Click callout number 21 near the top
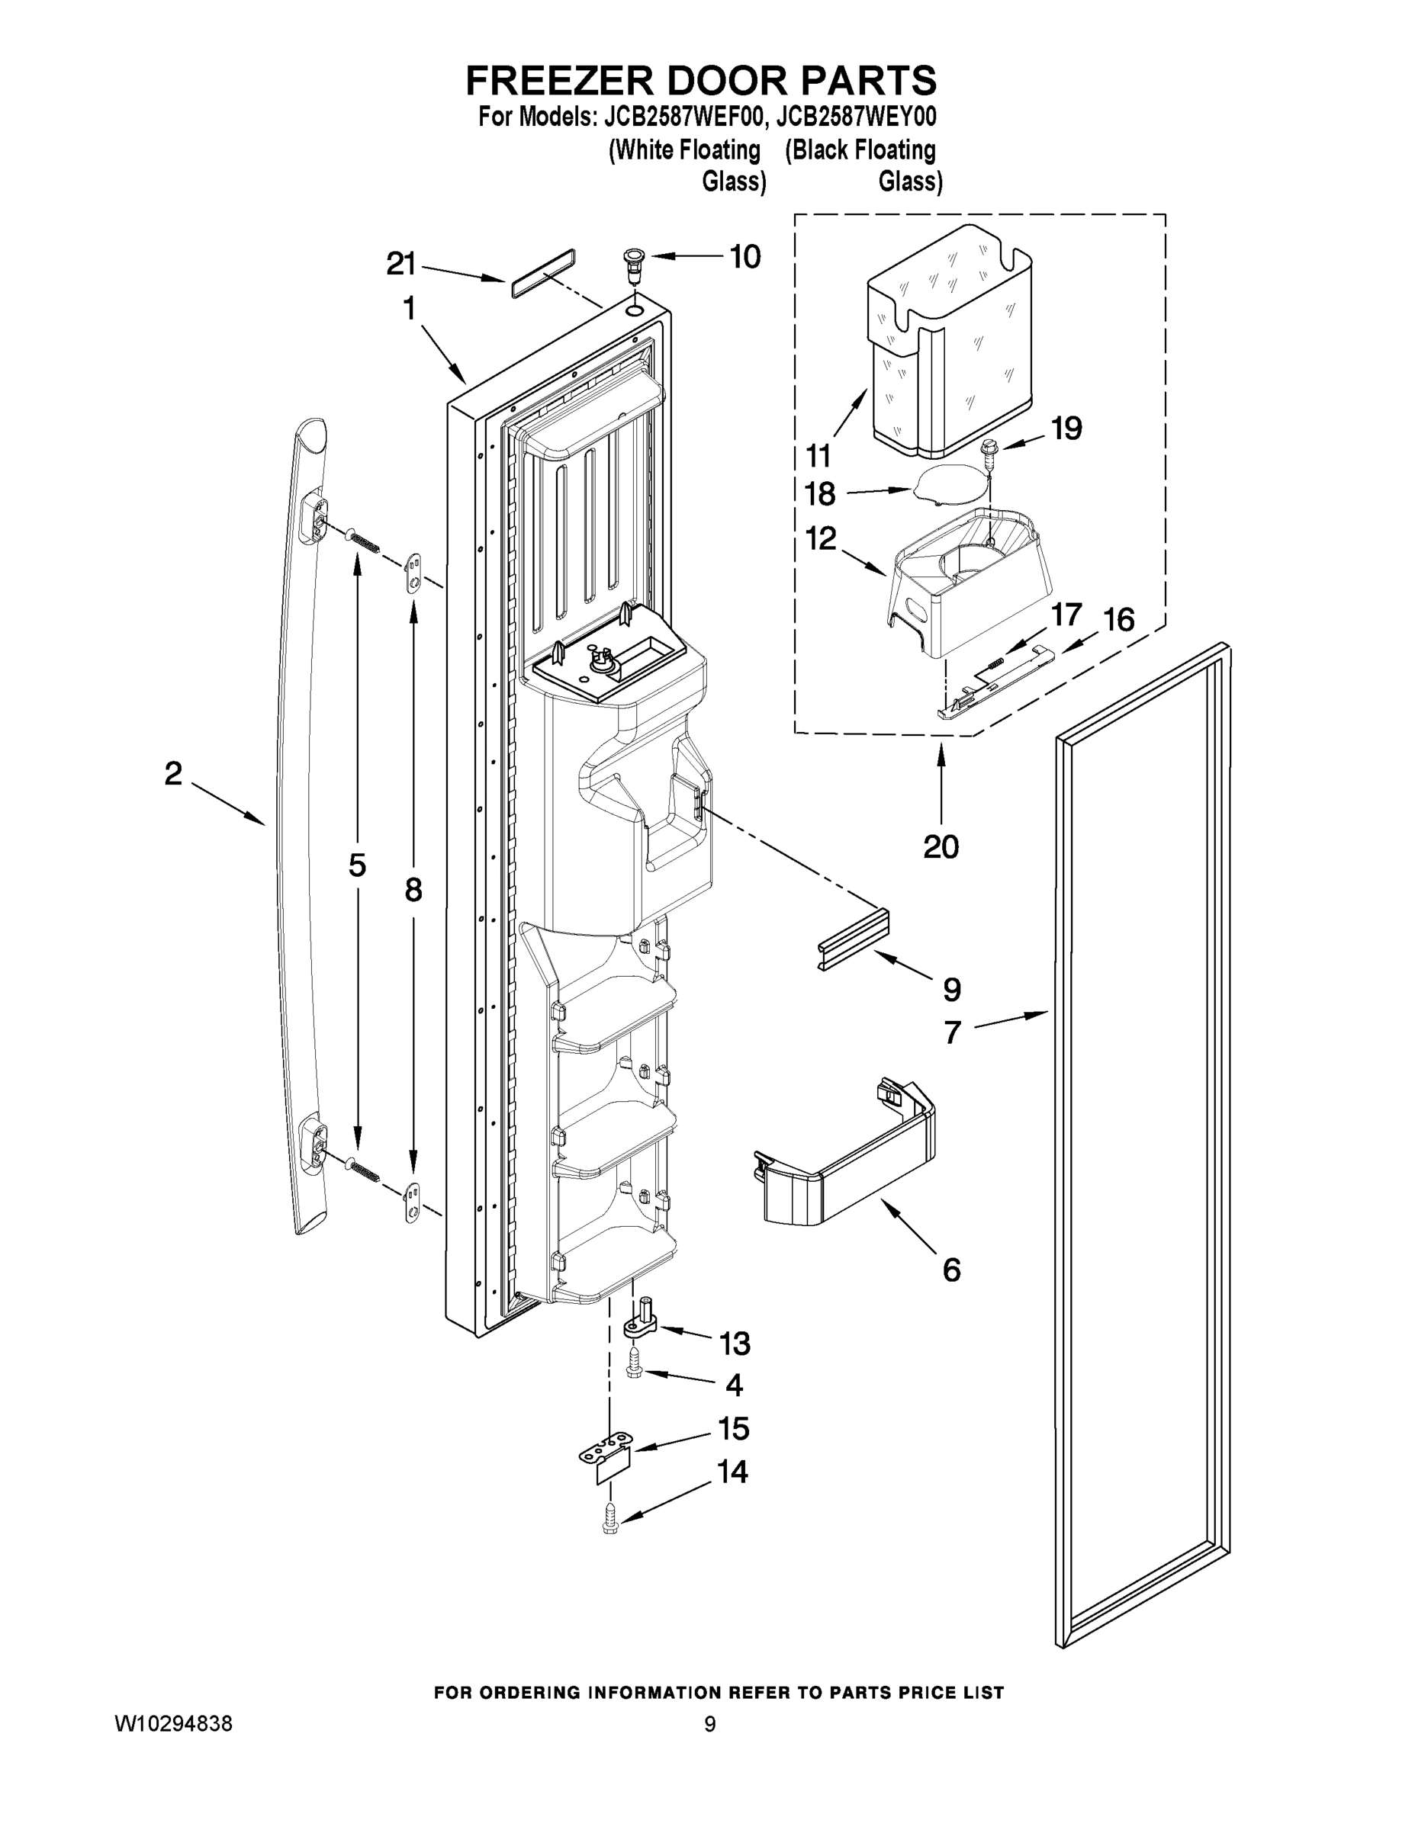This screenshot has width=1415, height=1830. coord(400,264)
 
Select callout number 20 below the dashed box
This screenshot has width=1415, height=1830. coord(941,846)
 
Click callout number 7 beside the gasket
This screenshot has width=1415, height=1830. coord(951,1032)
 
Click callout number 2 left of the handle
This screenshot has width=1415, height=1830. coord(172,773)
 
